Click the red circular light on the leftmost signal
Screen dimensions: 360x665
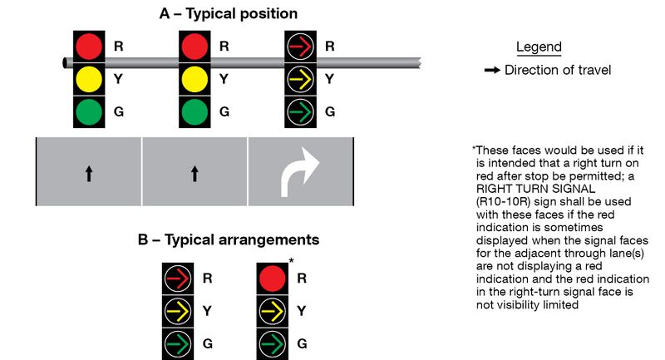point(88,47)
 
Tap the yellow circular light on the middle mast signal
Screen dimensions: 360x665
point(195,79)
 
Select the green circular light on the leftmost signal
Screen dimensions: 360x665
point(88,111)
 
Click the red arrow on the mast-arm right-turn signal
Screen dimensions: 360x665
point(300,47)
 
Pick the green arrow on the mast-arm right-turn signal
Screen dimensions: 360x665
point(300,111)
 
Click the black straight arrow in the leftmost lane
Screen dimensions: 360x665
point(89,173)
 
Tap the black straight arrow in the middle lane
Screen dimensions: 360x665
point(195,173)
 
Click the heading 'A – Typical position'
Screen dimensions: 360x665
point(228,14)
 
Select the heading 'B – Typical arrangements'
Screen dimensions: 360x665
point(229,240)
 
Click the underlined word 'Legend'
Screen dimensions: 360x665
point(539,47)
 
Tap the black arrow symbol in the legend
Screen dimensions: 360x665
point(491,71)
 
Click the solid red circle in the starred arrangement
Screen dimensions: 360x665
point(270,279)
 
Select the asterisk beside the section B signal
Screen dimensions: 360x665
point(291,262)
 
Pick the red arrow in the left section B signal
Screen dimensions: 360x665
point(178,279)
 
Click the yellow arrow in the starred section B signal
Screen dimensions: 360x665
point(270,311)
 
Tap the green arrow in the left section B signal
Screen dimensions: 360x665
point(178,343)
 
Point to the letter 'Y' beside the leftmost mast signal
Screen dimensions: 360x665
point(118,79)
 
